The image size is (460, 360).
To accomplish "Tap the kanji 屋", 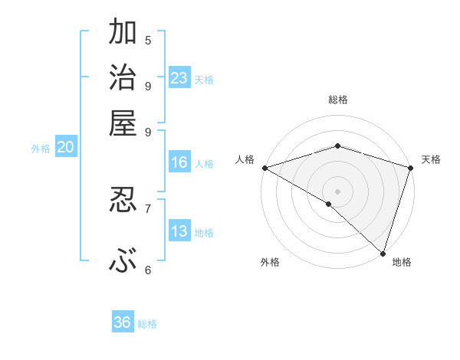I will [123, 122].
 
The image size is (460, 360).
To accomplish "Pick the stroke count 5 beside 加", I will [148, 40].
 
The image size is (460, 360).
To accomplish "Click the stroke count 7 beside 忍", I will [148, 208].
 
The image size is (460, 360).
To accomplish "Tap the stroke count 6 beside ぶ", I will [148, 270].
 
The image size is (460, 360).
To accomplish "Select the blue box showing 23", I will [179, 78].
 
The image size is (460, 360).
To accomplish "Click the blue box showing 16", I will [179, 162].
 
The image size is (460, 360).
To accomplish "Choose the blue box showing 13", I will [179, 231].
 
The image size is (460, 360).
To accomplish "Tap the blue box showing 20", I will [65, 148].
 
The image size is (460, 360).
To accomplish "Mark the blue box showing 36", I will [123, 322].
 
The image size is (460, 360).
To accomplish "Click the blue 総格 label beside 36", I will [147, 324].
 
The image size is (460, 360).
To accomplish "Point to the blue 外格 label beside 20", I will [41, 149].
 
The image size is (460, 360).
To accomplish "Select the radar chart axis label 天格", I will [431, 159].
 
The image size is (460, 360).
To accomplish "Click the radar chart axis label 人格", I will [245, 159].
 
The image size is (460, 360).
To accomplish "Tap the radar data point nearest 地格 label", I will [383, 253].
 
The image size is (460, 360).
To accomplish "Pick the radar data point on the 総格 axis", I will [337, 146].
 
